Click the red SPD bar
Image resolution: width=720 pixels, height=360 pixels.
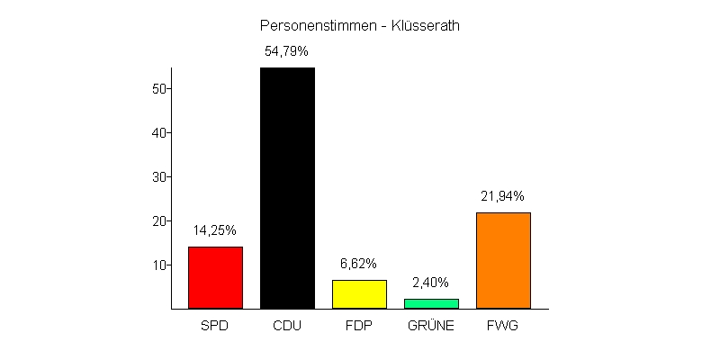pyautogui.click(x=215, y=277)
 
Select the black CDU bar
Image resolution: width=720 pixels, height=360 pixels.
pyautogui.click(x=287, y=188)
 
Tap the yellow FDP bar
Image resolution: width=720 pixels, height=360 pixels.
pyautogui.click(x=359, y=294)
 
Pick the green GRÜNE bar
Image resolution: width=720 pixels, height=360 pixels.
pyautogui.click(x=431, y=303)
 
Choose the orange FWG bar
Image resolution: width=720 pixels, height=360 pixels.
pyautogui.click(x=503, y=260)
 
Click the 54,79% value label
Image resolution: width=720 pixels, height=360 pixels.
pyautogui.click(x=286, y=51)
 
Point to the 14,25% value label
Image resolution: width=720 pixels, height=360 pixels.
pyautogui.click(x=214, y=230)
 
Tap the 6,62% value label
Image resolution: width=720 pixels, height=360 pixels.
pyautogui.click(x=358, y=264)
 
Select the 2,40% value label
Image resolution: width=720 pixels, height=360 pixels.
pyautogui.click(x=430, y=282)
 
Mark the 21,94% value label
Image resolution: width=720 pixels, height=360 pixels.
pyautogui.click(x=502, y=196)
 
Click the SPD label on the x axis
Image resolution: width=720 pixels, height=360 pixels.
pyautogui.click(x=215, y=325)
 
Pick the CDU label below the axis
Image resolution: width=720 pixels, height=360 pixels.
pyautogui.click(x=287, y=325)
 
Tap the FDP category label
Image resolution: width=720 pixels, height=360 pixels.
pyautogui.click(x=359, y=325)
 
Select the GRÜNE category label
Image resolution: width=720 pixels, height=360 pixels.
pyautogui.click(x=431, y=325)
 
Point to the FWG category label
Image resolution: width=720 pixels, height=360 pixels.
pyautogui.click(x=503, y=325)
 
